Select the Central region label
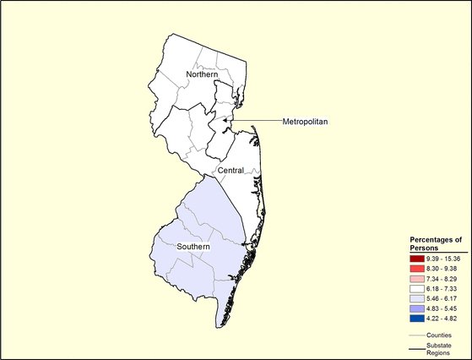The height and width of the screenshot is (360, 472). (x=231, y=171)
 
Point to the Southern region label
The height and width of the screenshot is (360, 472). (x=196, y=248)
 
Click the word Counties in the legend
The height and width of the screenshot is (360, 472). (x=439, y=335)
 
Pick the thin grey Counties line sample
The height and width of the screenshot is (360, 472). (x=416, y=335)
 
